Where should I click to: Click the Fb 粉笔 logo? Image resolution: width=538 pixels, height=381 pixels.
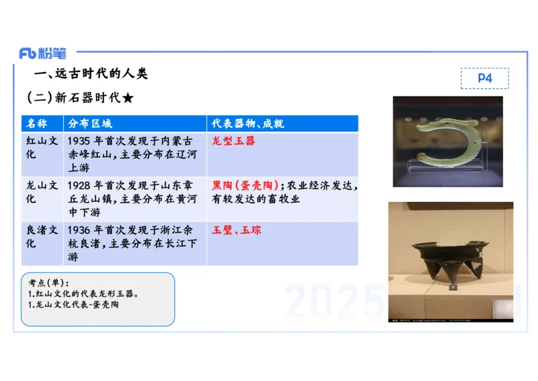[x=42, y=53]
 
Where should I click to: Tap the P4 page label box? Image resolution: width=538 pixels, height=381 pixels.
[x=484, y=78]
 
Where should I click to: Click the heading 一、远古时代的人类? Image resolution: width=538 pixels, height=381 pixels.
[x=91, y=74]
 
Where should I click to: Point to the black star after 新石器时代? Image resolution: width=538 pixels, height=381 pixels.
[x=128, y=98]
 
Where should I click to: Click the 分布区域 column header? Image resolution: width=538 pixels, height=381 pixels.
[x=90, y=124]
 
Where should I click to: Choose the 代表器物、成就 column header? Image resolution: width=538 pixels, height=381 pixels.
[x=247, y=124]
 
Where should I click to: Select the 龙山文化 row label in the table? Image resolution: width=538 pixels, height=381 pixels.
[x=42, y=192]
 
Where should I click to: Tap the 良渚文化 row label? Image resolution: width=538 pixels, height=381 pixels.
[x=42, y=236]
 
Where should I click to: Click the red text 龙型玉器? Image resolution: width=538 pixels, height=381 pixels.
[x=233, y=141]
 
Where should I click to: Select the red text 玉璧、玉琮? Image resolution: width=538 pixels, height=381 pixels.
[x=237, y=230]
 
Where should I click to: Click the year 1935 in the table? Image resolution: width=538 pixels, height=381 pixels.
[x=79, y=141]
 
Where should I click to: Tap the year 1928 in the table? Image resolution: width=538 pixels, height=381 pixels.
[x=79, y=185]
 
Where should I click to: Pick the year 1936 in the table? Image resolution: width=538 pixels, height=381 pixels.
[x=79, y=230]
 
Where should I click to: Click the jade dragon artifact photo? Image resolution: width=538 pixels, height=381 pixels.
[x=447, y=141]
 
